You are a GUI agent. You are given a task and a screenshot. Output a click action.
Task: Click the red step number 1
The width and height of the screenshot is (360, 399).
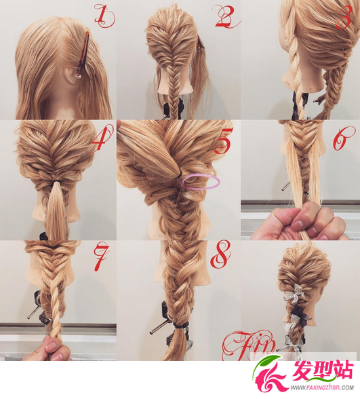click(104, 16)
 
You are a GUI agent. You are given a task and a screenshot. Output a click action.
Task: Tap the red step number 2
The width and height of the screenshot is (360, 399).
click(227, 16)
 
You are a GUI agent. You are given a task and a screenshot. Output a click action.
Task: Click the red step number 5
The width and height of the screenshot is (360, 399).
click(223, 140)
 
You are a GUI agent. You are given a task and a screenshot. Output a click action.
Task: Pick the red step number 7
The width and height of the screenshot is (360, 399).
click(101, 258)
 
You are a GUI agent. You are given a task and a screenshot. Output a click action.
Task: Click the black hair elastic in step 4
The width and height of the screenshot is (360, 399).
click(56, 181)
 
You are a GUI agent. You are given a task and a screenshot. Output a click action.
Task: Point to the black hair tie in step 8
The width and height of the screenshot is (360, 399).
click(180, 325)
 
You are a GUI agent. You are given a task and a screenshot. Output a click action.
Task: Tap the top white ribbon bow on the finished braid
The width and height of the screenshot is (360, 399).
click(297, 292)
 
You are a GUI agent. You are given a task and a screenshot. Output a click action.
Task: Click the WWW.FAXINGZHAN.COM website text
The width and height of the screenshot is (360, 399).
click(323, 388)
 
